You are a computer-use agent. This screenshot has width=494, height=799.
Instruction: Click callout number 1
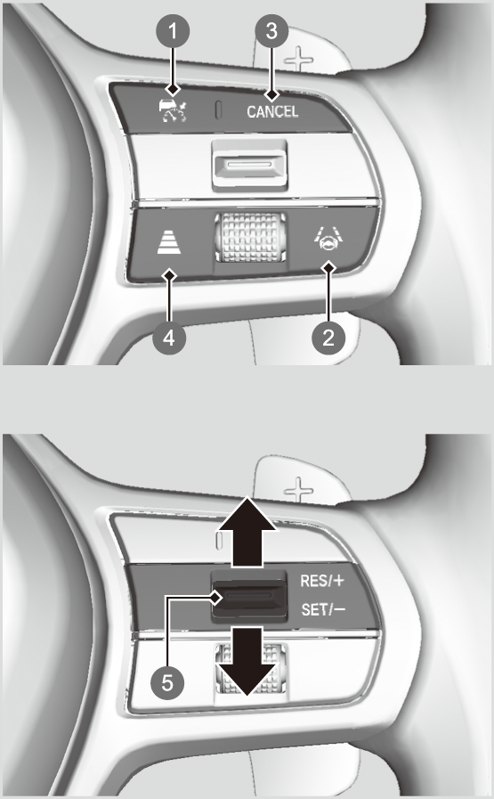click(173, 31)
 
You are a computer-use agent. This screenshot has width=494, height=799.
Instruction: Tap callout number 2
click(328, 337)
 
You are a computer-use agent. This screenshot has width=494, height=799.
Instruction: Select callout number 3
click(272, 31)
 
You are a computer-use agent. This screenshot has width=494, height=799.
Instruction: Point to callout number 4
click(170, 337)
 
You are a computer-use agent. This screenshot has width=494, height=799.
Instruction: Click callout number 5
click(167, 682)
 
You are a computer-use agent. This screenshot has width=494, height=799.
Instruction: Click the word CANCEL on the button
click(272, 111)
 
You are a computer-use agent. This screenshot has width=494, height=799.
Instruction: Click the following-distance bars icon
click(169, 241)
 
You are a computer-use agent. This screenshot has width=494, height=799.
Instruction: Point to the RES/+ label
click(322, 581)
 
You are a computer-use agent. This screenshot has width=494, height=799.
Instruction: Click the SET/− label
click(323, 609)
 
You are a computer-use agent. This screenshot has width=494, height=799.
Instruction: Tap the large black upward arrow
click(247, 532)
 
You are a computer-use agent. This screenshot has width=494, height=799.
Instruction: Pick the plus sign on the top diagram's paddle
click(298, 60)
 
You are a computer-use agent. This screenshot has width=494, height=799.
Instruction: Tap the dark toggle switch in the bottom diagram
click(249, 597)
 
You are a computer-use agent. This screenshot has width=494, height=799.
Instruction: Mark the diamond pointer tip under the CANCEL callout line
click(272, 94)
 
